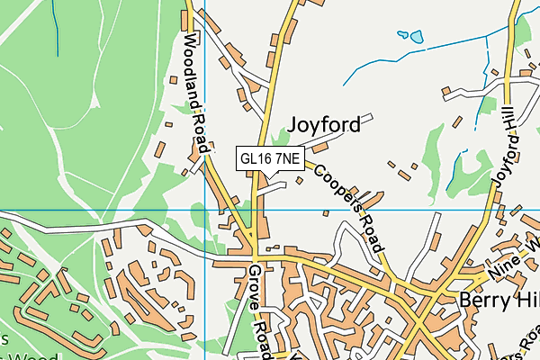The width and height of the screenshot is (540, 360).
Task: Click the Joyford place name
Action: point(325,124)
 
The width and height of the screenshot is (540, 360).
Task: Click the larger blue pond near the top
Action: point(416,37)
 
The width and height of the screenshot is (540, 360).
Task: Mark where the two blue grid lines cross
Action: point(205,211)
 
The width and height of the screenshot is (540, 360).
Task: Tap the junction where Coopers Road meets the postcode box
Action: point(307,164)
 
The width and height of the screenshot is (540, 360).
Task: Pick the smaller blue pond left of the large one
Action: point(402,35)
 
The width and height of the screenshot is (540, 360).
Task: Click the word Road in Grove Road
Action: point(262,323)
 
